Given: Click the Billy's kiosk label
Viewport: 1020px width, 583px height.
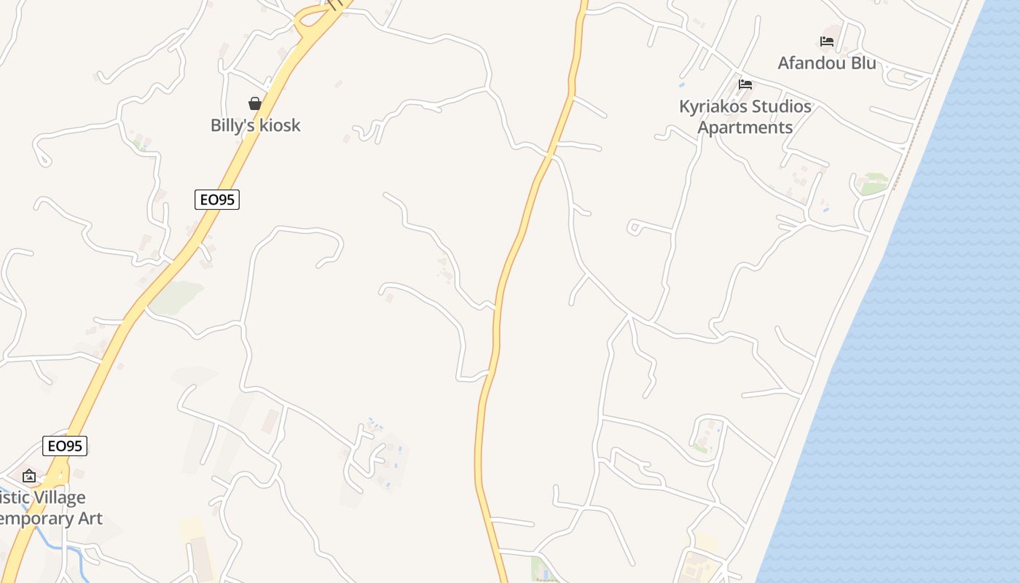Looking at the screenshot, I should pyautogui.click(x=255, y=125).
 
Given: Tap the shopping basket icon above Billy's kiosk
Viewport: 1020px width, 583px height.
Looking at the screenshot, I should pyautogui.click(x=255, y=103).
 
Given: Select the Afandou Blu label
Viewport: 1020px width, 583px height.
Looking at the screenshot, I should pyautogui.click(x=826, y=63).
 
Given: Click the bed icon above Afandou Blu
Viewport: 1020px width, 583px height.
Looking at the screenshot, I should pyautogui.click(x=827, y=42).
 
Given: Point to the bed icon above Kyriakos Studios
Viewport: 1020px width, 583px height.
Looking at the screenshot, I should pyautogui.click(x=745, y=85).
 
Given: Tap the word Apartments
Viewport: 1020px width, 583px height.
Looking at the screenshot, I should pyautogui.click(x=745, y=128).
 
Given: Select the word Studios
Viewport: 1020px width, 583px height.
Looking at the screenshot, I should pyautogui.click(x=780, y=106).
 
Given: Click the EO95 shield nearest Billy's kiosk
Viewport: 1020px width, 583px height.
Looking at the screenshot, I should pyautogui.click(x=217, y=200).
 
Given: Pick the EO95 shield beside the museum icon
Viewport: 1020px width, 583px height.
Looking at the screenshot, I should pyautogui.click(x=65, y=446).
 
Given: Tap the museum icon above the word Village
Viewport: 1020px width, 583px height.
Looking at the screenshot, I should pyautogui.click(x=29, y=476).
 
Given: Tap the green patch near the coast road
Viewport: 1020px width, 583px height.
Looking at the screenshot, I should pyautogui.click(x=874, y=184).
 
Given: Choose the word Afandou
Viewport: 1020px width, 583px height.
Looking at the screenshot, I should pyautogui.click(x=809, y=63).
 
